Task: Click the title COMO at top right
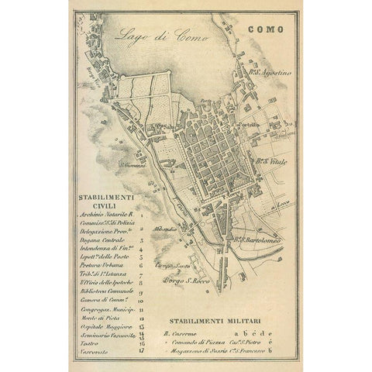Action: [x=266, y=29]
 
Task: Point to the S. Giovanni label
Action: [x=133, y=164]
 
